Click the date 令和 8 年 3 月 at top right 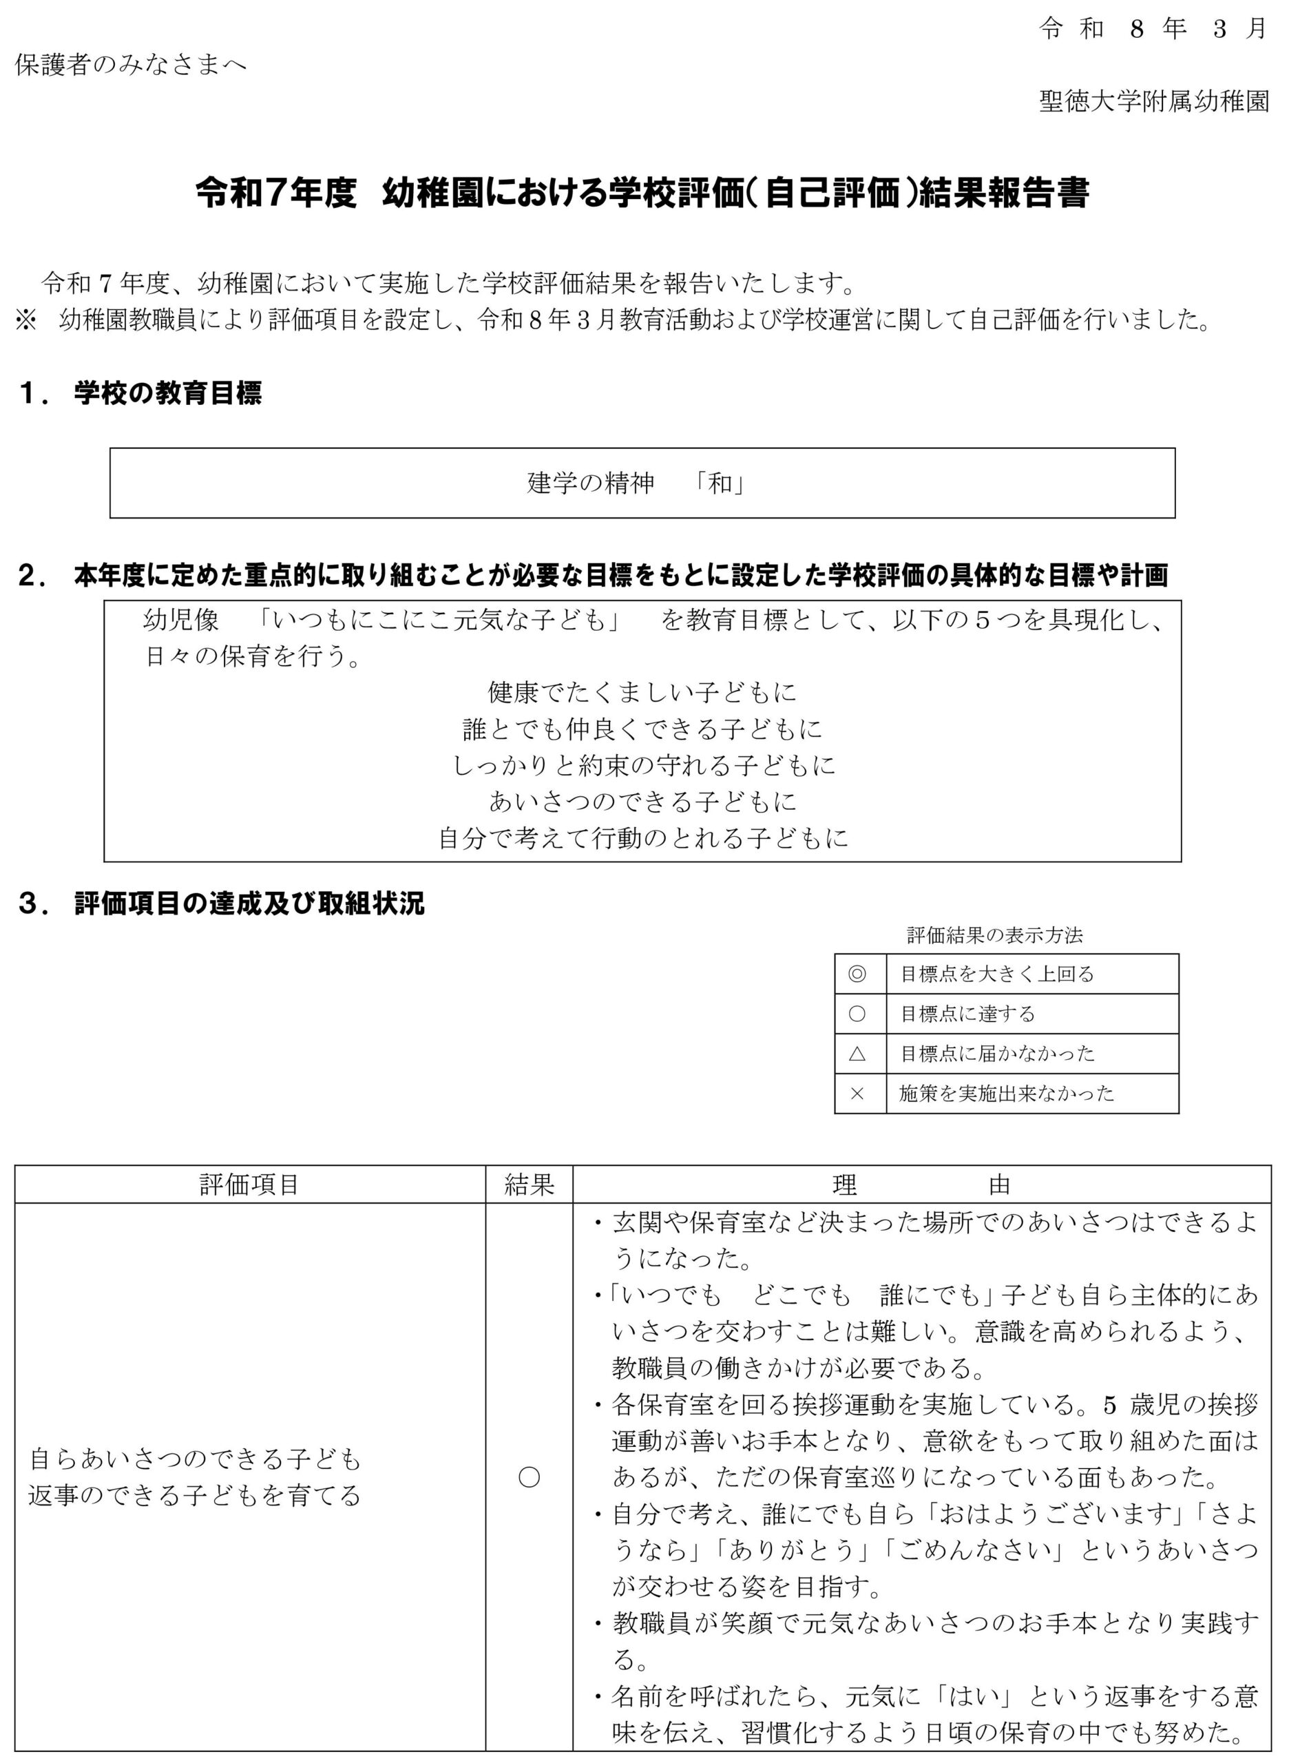pos(1152,29)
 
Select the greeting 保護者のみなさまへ pos(131,64)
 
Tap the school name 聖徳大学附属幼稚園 pos(1154,101)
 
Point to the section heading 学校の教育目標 pos(168,393)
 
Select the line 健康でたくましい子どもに pos(642,692)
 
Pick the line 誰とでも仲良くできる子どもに pos(642,729)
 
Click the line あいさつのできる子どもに pos(642,802)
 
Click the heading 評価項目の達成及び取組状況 pos(249,904)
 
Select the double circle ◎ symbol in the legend pos(857,973)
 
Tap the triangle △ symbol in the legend pos(857,1054)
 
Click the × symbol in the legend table pos(857,1094)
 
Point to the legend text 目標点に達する pos(967,1014)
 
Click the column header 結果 pos(529,1185)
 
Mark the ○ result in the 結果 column pos(529,1477)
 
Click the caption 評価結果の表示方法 pos(995,935)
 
